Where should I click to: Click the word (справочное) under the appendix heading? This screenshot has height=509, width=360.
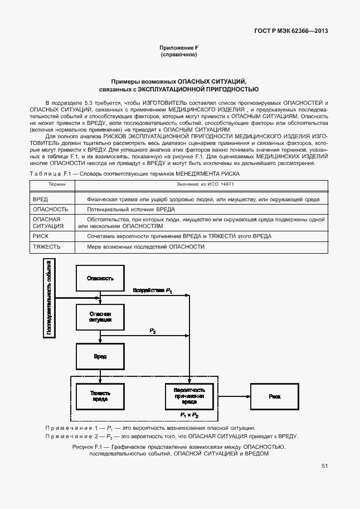point(179,55)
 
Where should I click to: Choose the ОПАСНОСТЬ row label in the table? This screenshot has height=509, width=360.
point(51,209)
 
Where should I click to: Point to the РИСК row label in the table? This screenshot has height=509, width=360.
point(41,236)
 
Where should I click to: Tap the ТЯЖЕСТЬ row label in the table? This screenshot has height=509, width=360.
point(46,246)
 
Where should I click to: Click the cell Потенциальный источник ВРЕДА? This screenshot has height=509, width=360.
point(131,209)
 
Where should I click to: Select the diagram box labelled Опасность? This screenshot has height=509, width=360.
point(101,278)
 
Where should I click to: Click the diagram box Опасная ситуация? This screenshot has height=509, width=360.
point(101,317)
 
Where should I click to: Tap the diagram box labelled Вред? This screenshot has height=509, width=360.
point(101,356)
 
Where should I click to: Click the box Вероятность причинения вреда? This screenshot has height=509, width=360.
point(189,396)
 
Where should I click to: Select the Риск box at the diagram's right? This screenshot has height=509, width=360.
point(274,396)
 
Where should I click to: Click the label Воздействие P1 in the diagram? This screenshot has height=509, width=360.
point(153,291)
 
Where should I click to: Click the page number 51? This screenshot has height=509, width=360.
point(324,467)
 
